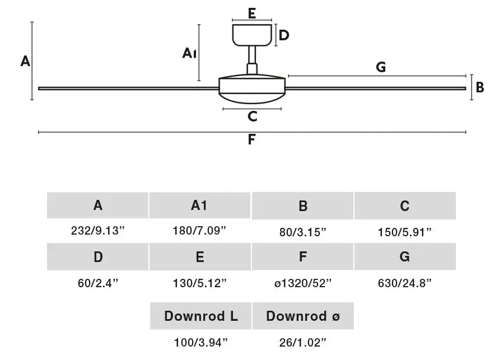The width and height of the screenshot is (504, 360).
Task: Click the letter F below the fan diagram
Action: click(251, 139)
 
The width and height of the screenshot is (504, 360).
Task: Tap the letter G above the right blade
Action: click(381, 67)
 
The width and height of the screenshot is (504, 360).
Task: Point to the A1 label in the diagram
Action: click(189, 53)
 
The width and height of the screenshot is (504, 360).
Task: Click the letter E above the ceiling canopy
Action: click(252, 13)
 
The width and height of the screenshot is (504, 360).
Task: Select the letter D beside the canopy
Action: click(284, 35)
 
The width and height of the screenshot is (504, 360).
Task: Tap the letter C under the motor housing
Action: click(253, 116)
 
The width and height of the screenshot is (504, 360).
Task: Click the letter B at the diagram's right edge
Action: click(480, 87)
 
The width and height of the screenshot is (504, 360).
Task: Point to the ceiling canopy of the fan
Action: click(253, 35)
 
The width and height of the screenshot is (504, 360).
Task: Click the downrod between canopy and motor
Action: click(252, 60)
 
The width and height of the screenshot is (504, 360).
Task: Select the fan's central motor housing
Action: click(252, 89)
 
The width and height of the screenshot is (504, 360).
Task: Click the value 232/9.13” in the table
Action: click(97, 231)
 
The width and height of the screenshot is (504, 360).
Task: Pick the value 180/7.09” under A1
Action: click(199, 231)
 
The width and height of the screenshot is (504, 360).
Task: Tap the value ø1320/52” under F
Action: click(303, 283)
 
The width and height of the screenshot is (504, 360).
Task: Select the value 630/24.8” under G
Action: click(405, 283)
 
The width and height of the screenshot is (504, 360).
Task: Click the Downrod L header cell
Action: click(200, 316)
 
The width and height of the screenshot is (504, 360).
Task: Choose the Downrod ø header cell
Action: click(303, 316)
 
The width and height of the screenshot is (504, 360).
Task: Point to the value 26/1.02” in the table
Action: click(303, 343)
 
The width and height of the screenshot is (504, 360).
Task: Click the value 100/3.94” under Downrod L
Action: click(201, 343)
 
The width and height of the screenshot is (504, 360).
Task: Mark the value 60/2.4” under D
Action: click(98, 283)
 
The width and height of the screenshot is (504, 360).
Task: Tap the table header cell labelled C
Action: click(405, 205)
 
